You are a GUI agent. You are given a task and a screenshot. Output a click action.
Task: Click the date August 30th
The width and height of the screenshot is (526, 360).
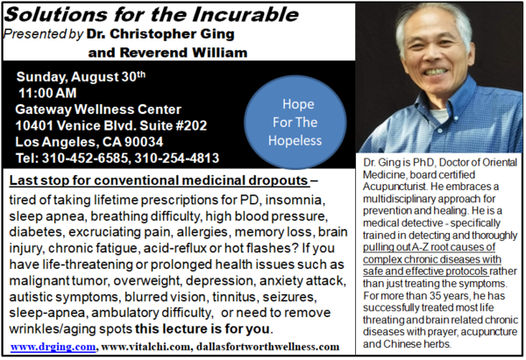[108, 77]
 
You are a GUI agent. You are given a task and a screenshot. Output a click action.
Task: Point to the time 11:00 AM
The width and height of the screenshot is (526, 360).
[47, 93]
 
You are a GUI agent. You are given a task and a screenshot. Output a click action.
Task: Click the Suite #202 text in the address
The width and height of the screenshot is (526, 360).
[173, 125]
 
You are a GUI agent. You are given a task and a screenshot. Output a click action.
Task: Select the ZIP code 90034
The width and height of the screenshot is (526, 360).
[144, 142]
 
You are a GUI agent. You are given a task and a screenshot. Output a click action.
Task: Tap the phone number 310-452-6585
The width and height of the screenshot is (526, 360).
[86, 159]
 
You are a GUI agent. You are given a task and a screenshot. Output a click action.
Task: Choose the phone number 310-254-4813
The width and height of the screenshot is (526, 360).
[177, 159]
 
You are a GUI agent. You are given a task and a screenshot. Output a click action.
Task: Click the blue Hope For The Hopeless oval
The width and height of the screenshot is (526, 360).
[295, 122]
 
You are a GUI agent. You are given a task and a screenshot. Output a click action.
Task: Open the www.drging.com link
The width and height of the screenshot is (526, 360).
[53, 346]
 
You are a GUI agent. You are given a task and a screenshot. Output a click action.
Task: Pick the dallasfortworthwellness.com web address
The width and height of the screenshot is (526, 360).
[267, 346]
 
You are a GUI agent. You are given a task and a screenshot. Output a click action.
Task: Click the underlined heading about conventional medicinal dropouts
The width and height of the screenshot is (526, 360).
[159, 180]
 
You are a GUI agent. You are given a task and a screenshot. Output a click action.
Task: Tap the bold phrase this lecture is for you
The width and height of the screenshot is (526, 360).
[203, 328]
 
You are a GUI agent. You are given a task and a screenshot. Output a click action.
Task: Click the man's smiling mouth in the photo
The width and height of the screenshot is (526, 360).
[436, 71]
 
